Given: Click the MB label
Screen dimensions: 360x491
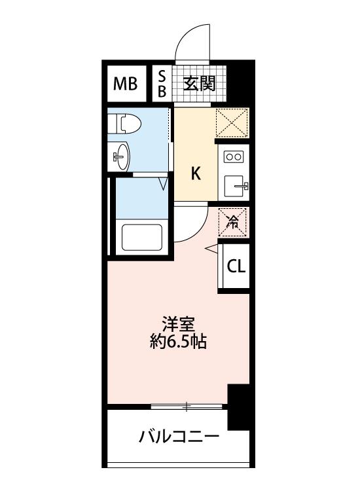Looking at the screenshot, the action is [x=125, y=84].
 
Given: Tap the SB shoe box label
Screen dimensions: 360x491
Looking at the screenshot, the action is [x=162, y=84].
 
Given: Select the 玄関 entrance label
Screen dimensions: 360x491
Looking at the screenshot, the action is [x=200, y=84].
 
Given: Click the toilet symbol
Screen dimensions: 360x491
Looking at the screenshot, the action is [x=124, y=123].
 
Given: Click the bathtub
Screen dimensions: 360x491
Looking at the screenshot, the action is [x=142, y=238].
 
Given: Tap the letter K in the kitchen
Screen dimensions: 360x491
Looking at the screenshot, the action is [x=196, y=173].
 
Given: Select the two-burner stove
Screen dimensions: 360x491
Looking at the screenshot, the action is [x=234, y=156].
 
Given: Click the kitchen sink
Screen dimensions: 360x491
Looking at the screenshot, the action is [x=237, y=186].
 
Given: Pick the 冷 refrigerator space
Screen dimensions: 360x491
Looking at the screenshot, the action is [x=232, y=222].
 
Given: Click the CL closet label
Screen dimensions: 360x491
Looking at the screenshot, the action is [x=236, y=266].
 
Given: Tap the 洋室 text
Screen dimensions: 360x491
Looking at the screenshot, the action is [x=179, y=325].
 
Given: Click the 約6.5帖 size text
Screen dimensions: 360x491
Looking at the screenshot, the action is [x=178, y=342].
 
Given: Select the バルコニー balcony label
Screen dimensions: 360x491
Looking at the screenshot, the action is [x=179, y=436].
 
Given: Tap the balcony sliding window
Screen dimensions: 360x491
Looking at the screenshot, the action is [x=187, y=407].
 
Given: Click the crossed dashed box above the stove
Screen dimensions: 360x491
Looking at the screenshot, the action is [x=232, y=123].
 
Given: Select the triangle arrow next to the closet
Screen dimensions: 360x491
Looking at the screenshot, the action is [x=211, y=248].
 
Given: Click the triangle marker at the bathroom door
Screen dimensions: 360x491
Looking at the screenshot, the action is [x=164, y=184].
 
